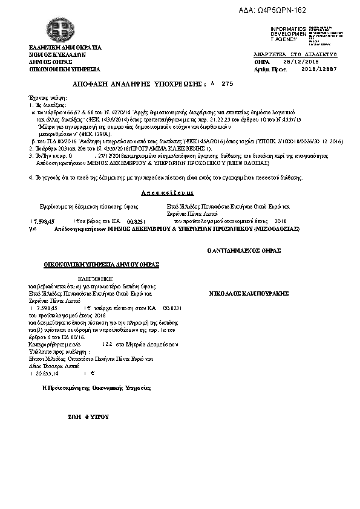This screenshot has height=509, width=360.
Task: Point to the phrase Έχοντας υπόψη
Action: (47, 97)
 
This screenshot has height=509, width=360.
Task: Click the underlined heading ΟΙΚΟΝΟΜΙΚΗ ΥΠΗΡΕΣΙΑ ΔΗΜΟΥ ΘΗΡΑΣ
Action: (100, 264)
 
